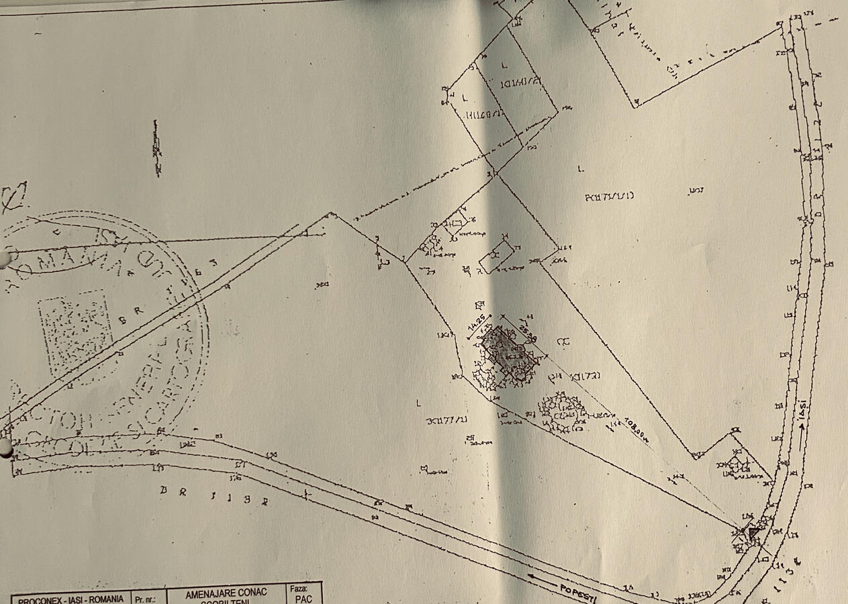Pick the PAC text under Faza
[303, 599]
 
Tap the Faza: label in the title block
[299, 589]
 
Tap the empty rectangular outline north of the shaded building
[497, 256]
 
